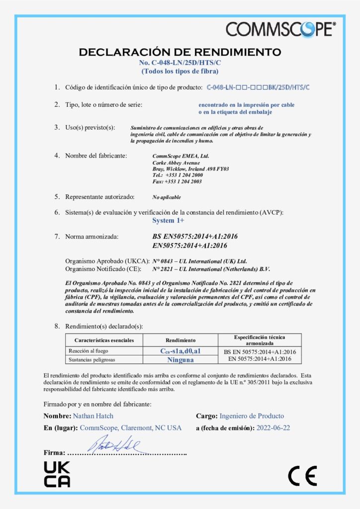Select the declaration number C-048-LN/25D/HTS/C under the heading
click(180, 63)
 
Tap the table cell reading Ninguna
click(180, 359)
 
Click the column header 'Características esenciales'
click(104, 340)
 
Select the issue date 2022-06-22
click(273, 427)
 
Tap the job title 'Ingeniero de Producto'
click(252, 416)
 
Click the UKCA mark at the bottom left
click(57, 474)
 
